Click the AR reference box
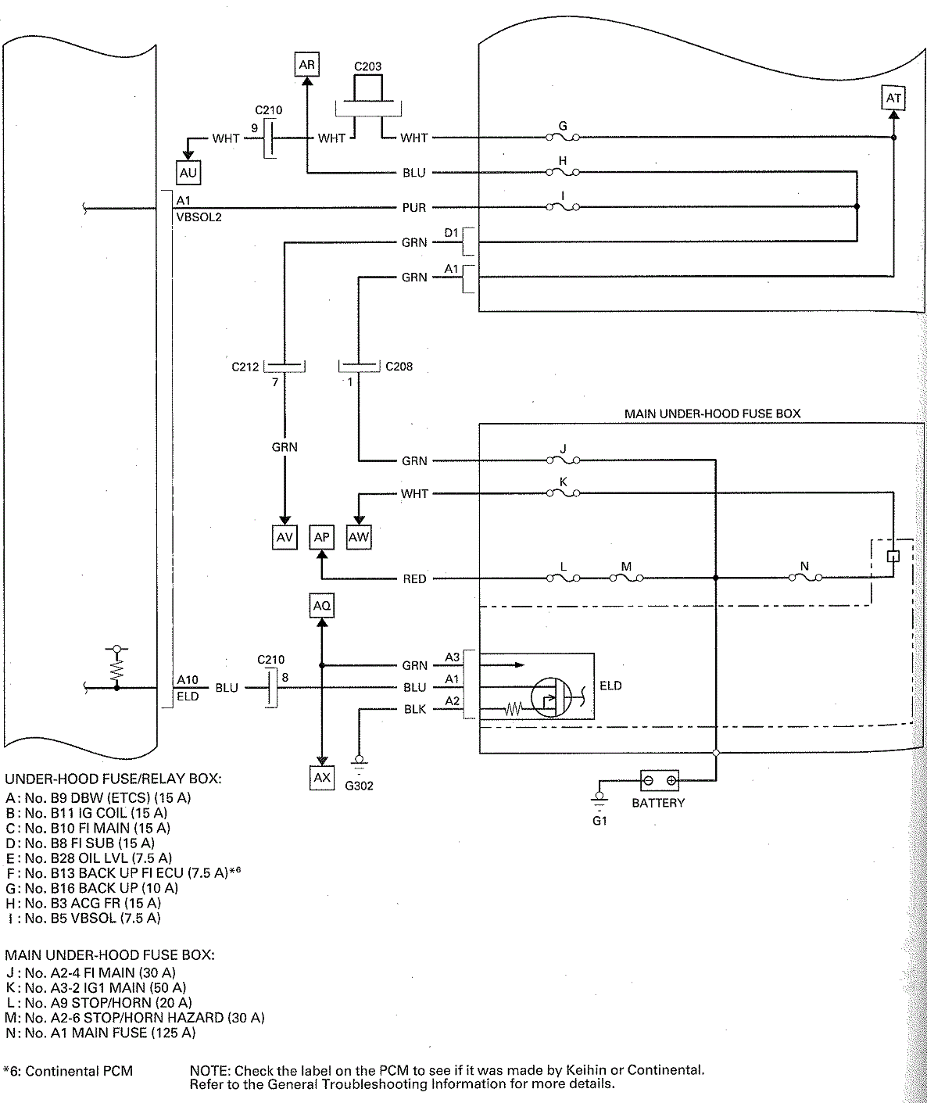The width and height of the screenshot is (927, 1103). [307, 65]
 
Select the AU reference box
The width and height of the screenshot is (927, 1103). [188, 173]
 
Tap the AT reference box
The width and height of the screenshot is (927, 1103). [893, 98]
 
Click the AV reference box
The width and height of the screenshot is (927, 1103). [285, 537]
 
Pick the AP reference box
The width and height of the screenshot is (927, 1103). [321, 537]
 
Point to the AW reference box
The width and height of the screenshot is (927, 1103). [359, 537]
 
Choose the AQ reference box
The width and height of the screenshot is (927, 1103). [321, 606]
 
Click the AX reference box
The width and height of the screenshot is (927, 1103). [322, 778]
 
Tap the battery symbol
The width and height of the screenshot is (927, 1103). [659, 780]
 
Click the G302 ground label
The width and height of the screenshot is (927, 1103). [359, 786]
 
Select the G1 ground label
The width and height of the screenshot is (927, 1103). [600, 821]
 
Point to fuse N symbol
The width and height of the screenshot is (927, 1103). [805, 578]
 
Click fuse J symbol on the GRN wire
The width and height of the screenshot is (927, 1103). [564, 460]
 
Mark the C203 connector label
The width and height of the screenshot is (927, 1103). [367, 66]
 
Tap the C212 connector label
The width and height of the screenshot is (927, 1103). [245, 367]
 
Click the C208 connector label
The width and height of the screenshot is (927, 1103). [399, 366]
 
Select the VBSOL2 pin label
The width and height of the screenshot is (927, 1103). [199, 217]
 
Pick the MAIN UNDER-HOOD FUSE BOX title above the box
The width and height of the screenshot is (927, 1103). [712, 414]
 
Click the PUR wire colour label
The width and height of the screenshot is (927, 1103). [413, 208]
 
